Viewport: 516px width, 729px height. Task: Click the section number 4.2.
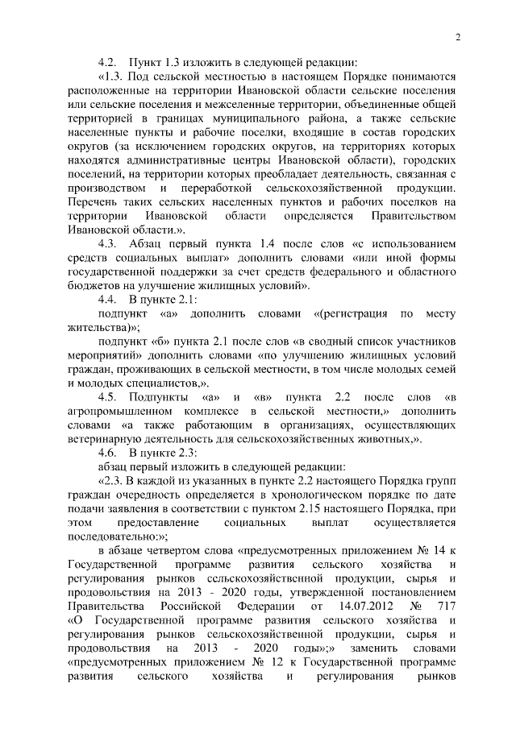tap(109, 61)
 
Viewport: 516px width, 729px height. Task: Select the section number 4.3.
tap(109, 242)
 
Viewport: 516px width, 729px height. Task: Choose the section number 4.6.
tap(109, 453)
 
